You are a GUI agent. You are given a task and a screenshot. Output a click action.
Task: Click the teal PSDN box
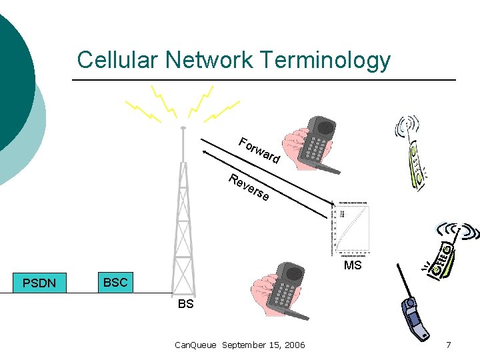pyautogui.click(x=39, y=283)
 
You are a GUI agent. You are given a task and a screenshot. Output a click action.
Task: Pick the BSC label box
pyautogui.click(x=115, y=283)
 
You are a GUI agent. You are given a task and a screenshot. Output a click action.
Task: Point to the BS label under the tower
pyautogui.click(x=186, y=304)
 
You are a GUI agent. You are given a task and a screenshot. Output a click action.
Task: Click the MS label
pyautogui.click(x=353, y=266)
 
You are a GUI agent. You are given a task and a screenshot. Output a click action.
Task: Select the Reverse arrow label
pyautogui.click(x=249, y=187)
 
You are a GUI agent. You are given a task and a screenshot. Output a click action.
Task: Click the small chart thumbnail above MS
pyautogui.click(x=351, y=229)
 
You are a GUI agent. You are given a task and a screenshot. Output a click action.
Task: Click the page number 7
pyautogui.click(x=449, y=345)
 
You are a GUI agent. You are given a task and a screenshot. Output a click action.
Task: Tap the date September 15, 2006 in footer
pyautogui.click(x=263, y=345)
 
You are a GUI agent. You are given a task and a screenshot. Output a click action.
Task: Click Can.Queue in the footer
pyautogui.click(x=195, y=345)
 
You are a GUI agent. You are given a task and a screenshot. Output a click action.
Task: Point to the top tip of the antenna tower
pyautogui.click(x=183, y=127)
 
